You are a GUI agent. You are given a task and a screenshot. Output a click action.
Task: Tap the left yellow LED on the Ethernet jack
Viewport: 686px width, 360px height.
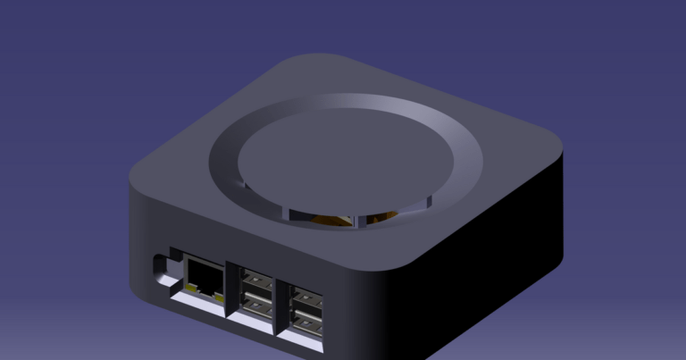click(x=191, y=288)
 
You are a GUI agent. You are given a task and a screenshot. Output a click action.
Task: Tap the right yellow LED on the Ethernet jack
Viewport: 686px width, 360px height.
click(x=217, y=292)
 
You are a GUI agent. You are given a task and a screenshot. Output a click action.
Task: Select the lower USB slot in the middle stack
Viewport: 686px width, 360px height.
click(x=254, y=306)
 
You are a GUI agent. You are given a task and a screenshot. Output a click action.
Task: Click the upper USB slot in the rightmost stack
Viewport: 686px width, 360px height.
click(x=305, y=300)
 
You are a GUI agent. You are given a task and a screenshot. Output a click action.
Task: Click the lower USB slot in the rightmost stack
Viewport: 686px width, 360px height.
click(x=305, y=322)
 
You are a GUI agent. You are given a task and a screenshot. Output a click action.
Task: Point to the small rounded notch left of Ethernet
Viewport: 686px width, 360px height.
click(x=162, y=265)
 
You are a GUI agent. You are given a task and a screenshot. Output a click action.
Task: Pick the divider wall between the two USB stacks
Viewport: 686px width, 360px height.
click(x=279, y=304)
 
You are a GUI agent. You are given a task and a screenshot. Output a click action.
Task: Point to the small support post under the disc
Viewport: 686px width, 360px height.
click(x=357, y=220)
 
